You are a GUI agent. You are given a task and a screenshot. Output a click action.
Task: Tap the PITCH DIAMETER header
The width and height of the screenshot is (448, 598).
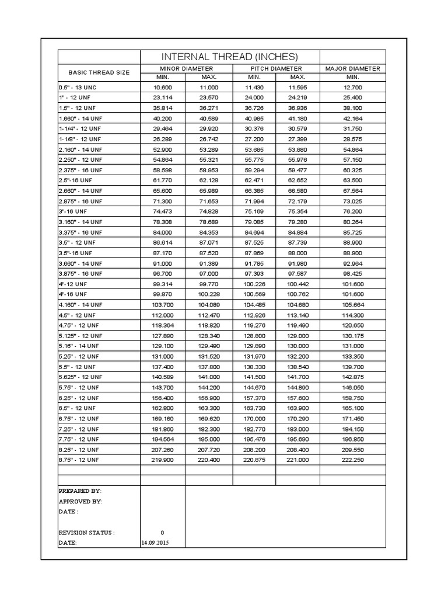coord(276,69)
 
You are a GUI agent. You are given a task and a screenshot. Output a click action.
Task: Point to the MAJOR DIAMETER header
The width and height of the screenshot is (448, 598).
coord(352,69)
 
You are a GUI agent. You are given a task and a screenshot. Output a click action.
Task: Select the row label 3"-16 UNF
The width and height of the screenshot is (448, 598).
coord(73,211)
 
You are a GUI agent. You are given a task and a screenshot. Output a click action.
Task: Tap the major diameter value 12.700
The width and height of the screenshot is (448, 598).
coord(353,86)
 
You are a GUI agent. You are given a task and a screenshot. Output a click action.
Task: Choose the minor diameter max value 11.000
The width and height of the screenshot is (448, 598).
coord(209,86)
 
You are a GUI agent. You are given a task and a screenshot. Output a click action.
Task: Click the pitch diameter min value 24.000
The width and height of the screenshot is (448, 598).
coord(254,97)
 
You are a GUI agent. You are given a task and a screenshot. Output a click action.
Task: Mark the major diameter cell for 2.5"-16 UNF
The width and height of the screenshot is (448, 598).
coord(353,180)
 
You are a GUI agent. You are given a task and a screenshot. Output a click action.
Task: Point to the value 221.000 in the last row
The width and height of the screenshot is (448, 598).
coord(297,460)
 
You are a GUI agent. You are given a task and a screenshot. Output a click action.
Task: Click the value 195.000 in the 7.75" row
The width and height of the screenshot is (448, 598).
coord(209,439)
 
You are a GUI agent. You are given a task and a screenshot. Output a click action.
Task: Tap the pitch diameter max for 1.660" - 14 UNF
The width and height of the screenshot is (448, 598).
coord(297,118)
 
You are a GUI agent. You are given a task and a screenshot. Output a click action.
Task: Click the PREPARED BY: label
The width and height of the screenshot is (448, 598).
coord(80,491)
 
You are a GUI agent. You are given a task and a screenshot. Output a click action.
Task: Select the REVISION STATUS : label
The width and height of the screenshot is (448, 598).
coord(87,533)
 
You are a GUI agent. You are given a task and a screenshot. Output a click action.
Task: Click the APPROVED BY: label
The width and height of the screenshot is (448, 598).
coord(80,502)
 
